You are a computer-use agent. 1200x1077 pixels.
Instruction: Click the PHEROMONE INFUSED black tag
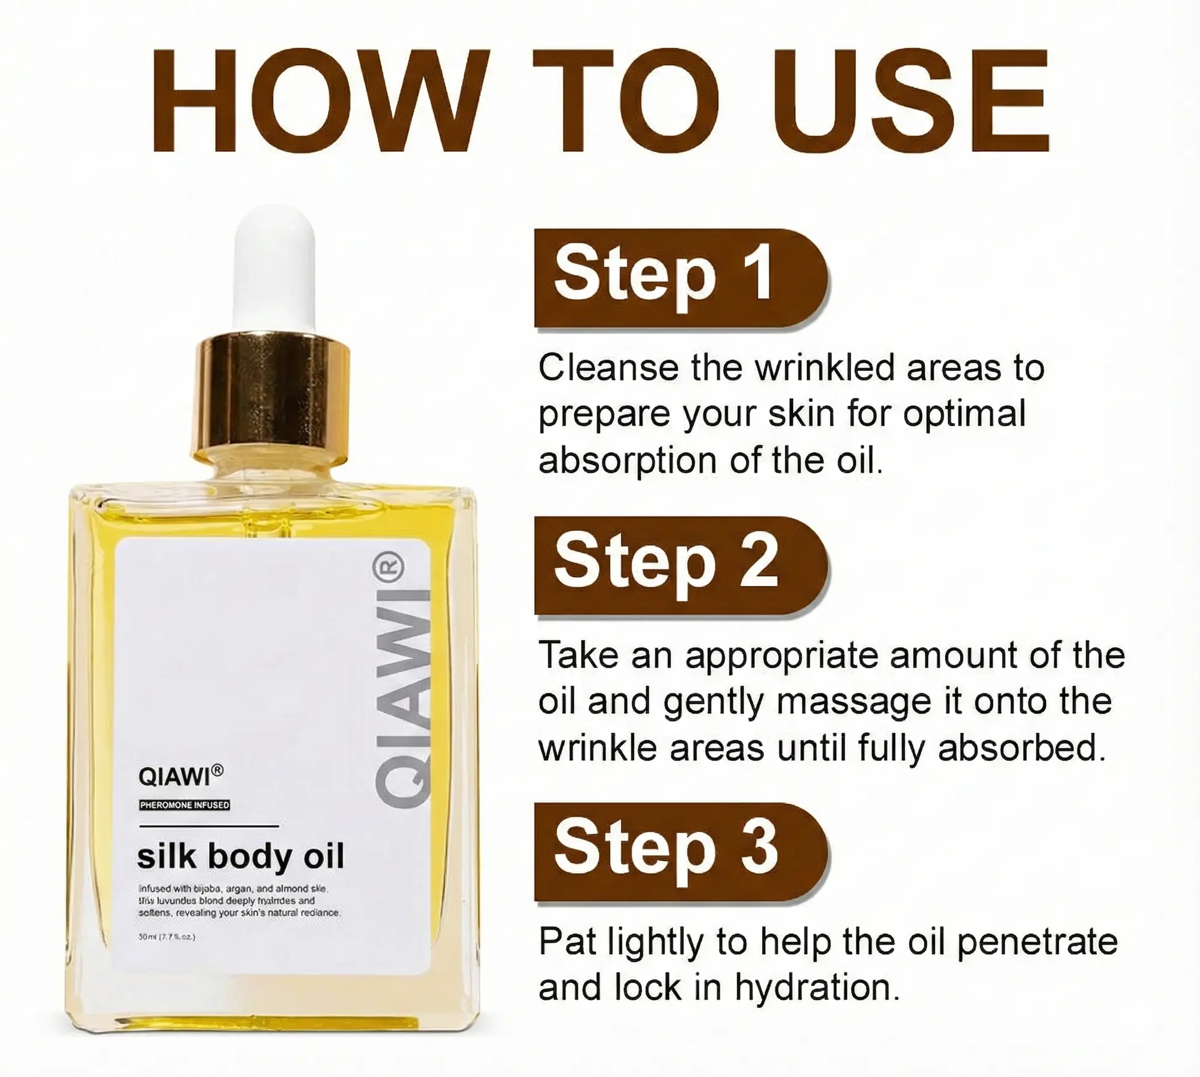184,805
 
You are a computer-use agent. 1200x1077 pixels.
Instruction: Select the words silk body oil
240,857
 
